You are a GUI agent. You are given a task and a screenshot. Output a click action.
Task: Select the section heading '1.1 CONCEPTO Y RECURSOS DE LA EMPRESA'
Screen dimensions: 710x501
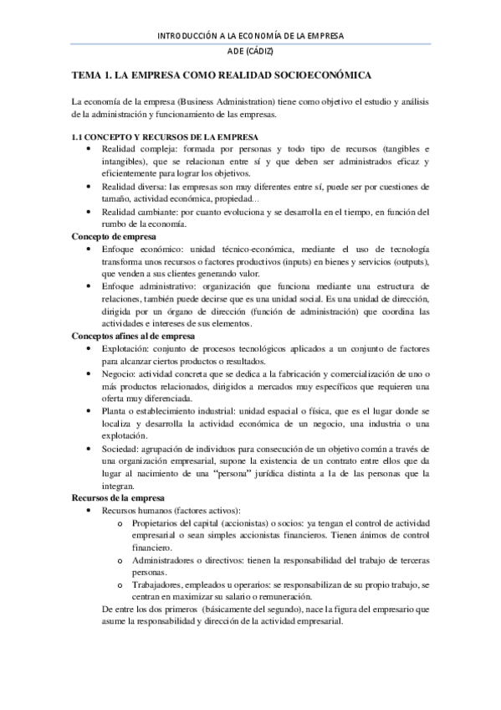tap(164, 136)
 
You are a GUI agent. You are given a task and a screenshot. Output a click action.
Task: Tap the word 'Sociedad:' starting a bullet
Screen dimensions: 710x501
tap(119, 450)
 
